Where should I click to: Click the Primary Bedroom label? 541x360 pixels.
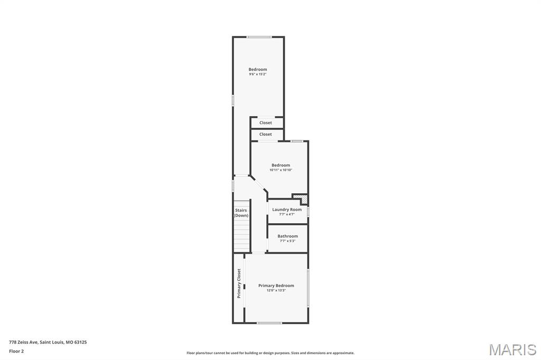point(276,286)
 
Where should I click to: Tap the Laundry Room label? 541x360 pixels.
point(287,210)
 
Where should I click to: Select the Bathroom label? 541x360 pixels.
point(287,236)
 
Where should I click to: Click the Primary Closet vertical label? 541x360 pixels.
point(239,283)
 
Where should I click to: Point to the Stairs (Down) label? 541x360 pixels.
point(241,213)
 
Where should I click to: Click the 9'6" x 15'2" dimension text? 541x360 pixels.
point(258,74)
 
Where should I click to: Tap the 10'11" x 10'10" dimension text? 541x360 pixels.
point(281,170)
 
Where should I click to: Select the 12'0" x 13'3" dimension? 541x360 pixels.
point(276,290)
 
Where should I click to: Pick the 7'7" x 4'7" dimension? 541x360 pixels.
point(287,214)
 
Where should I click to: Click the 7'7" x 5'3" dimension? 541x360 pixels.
point(287,241)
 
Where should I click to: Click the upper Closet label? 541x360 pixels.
point(266,123)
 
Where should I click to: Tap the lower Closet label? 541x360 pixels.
point(266,134)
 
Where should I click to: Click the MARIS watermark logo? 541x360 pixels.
point(512,349)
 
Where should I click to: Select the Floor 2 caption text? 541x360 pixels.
point(16,352)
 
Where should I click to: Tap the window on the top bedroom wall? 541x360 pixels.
point(259,37)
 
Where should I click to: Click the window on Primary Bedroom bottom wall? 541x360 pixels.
point(269,323)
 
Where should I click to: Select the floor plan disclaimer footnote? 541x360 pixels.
point(270,353)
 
